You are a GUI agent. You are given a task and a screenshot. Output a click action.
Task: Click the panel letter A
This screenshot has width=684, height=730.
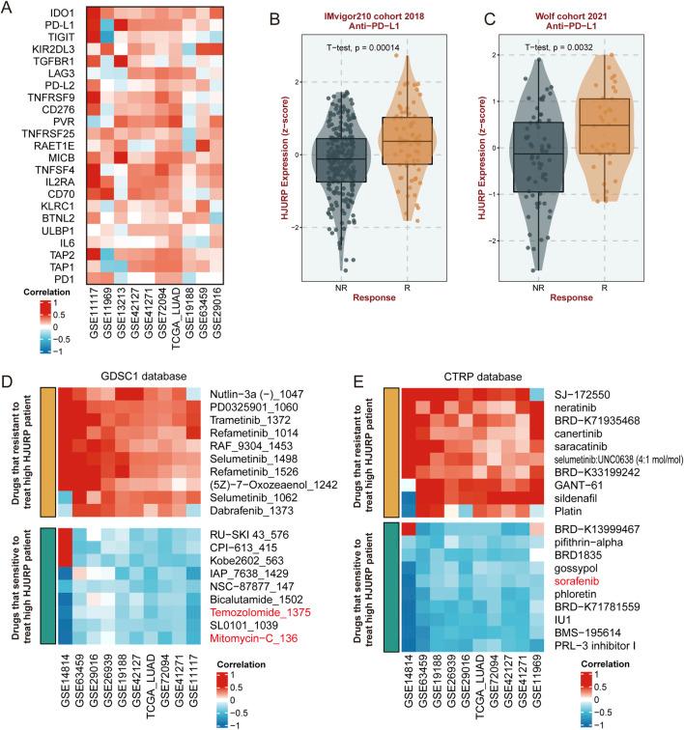[x=9, y=9]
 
